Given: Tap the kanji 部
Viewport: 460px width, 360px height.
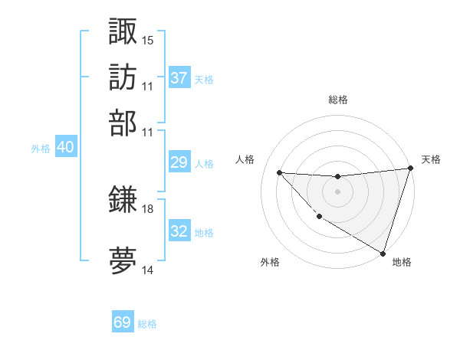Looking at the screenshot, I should pyautogui.click(x=123, y=123).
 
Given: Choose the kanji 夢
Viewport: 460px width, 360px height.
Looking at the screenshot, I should pyautogui.click(x=123, y=260).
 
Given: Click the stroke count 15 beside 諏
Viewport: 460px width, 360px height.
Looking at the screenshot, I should pyautogui.click(x=148, y=40).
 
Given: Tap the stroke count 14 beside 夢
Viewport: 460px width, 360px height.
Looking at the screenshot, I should pyautogui.click(x=148, y=270).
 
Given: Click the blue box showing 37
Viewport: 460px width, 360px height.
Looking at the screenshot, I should pyautogui.click(x=179, y=77).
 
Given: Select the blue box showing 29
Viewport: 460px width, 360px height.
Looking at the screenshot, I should pyautogui.click(x=179, y=162).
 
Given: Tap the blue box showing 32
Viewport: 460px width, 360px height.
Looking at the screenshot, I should pyautogui.click(x=179, y=231).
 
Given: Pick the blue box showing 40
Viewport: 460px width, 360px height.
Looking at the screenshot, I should pyautogui.click(x=65, y=148).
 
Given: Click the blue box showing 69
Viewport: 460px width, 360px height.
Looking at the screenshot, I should pyautogui.click(x=123, y=322).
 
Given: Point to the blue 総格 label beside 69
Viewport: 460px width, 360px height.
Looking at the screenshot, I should pyautogui.click(x=147, y=324).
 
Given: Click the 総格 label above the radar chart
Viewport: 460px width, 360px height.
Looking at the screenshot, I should pyautogui.click(x=337, y=100).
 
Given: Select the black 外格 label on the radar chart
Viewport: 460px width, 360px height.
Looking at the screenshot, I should pyautogui.click(x=269, y=263).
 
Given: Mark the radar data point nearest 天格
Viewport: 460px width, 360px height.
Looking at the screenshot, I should pyautogui.click(x=411, y=169).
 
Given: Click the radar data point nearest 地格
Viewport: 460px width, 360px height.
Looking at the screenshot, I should pyautogui.click(x=383, y=253).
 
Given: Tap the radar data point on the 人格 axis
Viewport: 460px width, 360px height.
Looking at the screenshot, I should pyautogui.click(x=279, y=172).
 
